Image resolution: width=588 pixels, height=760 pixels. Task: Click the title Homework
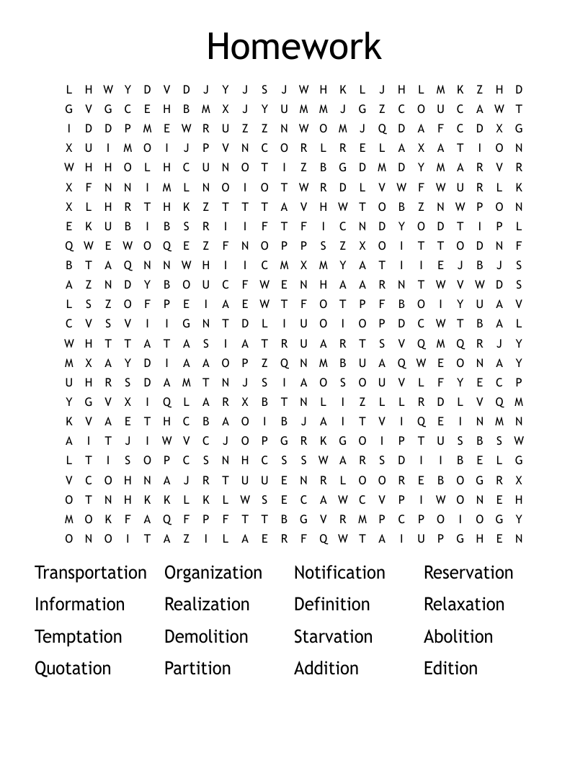[293, 46]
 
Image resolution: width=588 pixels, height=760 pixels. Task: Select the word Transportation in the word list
[91, 573]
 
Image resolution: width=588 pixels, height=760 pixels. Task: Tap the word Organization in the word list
[213, 573]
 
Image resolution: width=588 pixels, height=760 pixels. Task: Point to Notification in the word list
[339, 573]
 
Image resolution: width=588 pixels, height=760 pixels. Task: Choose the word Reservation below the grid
[468, 573]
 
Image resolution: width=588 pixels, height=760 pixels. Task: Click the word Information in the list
[79, 605]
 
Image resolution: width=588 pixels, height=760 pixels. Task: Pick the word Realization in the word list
[207, 605]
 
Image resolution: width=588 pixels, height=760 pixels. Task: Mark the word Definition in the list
[331, 605]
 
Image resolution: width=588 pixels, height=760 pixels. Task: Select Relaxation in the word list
[464, 605]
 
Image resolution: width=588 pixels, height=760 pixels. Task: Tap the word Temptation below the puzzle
[79, 637]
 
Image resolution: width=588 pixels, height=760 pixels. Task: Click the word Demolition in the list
[206, 637]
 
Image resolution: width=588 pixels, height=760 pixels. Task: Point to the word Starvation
[333, 637]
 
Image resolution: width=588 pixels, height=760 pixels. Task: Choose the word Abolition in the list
[458, 637]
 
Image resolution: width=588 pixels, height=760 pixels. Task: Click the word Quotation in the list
[73, 669]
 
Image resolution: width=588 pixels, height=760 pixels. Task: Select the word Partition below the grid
[197, 669]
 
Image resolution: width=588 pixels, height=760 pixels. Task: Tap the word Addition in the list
[326, 669]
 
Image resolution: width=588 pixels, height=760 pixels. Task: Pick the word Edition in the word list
[450, 669]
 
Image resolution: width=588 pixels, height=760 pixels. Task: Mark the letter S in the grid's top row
[264, 90]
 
